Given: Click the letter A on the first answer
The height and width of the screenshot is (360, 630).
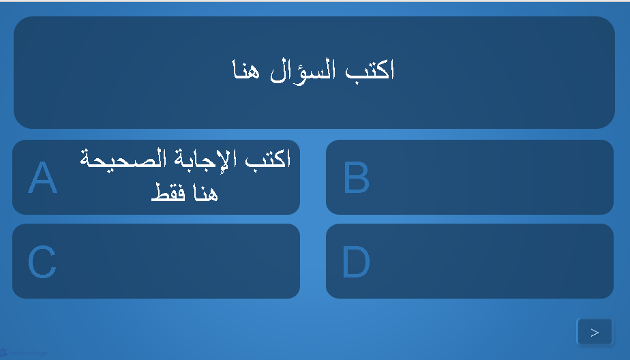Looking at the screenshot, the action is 42,177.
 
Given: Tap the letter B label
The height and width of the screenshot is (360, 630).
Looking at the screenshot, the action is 357,177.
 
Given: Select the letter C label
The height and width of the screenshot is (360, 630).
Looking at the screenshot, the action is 42,262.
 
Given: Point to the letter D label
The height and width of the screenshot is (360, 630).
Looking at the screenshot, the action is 356,262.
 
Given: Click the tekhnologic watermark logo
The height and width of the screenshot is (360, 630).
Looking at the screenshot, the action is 24,353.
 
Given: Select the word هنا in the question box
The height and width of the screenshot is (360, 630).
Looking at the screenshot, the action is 246,70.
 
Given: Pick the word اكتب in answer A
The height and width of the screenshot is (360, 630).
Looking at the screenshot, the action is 268,158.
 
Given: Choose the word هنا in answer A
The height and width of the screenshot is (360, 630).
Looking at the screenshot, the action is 205,192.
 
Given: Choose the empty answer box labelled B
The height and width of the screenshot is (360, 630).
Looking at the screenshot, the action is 470,177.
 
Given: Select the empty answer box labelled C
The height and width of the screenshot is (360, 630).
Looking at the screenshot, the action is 156,261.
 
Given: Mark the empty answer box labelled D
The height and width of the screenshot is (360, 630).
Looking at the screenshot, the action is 470,261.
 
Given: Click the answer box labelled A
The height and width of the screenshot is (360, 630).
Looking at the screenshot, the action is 156,177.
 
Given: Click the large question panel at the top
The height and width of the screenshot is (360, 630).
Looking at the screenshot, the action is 314,73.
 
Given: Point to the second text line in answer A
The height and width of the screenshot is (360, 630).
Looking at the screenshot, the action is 185,192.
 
